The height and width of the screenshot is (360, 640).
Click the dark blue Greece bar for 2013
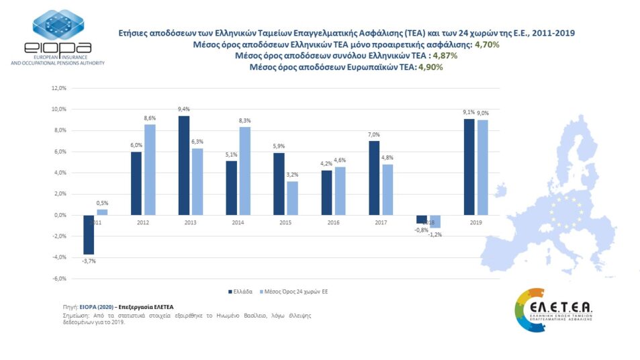[x=184, y=165]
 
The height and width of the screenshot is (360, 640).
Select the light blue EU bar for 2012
[x=150, y=169]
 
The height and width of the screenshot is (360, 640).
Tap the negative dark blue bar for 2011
[x=88, y=234]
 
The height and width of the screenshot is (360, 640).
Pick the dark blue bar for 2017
[x=374, y=178]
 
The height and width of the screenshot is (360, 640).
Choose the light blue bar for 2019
[x=483, y=167]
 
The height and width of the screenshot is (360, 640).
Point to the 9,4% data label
[x=184, y=110]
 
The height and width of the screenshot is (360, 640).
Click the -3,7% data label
[x=89, y=261]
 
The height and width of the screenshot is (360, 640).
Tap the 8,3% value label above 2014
[x=245, y=121]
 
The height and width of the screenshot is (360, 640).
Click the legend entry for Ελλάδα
[x=240, y=291]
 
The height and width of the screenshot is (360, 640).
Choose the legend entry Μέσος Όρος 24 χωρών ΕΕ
[x=298, y=291]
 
